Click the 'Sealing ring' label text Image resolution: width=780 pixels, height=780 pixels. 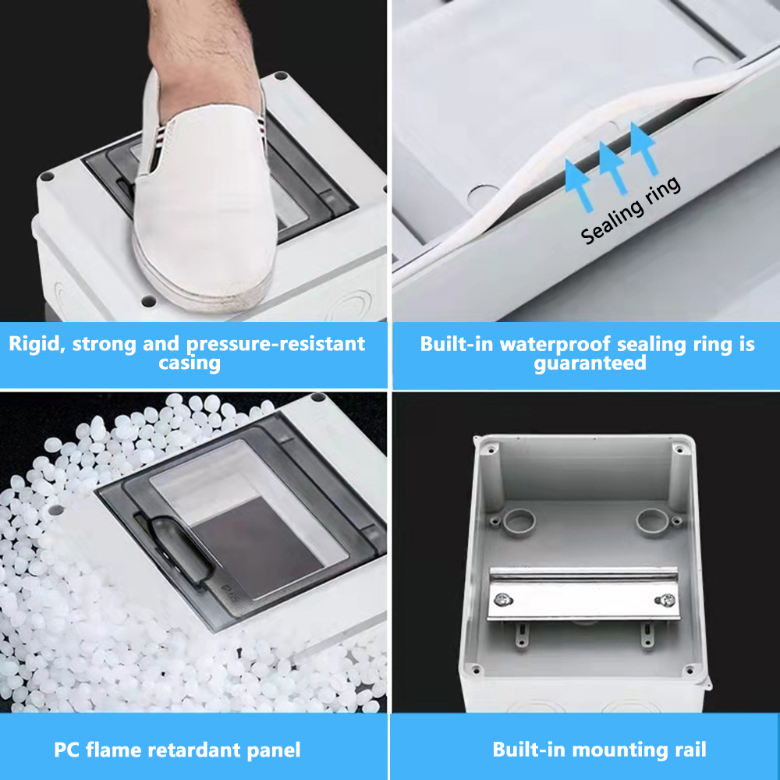[632, 211]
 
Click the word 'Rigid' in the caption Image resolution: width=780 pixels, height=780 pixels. [36, 344]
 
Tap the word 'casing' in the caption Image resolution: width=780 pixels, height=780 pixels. [190, 363]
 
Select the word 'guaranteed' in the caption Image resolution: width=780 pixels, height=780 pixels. [590, 363]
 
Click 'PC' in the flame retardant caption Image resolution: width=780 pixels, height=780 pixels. [68, 750]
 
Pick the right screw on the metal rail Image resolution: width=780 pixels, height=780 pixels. [668, 600]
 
